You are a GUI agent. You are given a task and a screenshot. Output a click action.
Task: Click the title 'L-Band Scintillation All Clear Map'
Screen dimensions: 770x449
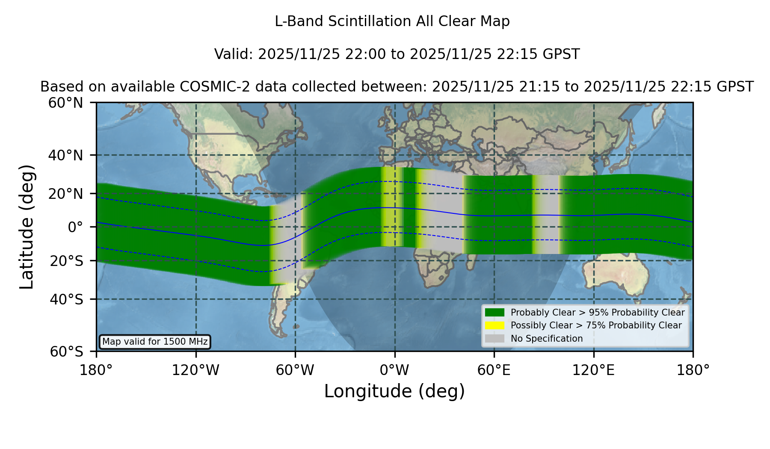coord(392,21)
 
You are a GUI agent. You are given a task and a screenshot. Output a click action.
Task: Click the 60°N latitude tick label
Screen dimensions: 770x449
coord(66,103)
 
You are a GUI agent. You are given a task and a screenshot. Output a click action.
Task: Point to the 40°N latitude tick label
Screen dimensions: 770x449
coord(66,155)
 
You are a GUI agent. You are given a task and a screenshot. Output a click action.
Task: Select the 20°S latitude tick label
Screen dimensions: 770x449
coord(67,261)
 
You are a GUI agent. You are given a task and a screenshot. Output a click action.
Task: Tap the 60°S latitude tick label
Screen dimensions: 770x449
coord(67,352)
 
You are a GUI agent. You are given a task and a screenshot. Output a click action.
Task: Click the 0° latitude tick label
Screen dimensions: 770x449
coord(75,227)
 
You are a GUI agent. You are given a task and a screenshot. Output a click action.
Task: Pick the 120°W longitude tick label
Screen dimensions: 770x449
coord(195,370)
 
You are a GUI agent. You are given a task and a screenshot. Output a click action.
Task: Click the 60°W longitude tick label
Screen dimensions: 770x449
coord(295,370)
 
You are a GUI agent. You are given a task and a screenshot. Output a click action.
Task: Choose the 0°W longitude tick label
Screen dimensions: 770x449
coord(395,370)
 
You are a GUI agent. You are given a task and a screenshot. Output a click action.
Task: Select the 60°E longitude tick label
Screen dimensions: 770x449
coord(494,370)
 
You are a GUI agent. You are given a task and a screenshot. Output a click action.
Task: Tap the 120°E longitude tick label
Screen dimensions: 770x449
coord(594,370)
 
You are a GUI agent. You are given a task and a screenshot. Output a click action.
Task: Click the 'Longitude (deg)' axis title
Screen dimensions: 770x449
coord(394,391)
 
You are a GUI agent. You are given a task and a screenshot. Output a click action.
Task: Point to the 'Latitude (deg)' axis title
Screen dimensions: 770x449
coord(27,227)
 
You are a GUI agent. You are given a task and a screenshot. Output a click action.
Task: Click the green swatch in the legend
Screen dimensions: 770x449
coord(495,313)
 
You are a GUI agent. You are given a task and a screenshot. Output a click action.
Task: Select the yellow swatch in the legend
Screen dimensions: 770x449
coord(495,325)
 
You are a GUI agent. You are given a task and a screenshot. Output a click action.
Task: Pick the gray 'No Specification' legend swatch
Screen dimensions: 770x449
coord(495,339)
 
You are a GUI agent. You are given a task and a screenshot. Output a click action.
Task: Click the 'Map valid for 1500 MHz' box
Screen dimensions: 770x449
coord(155,342)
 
